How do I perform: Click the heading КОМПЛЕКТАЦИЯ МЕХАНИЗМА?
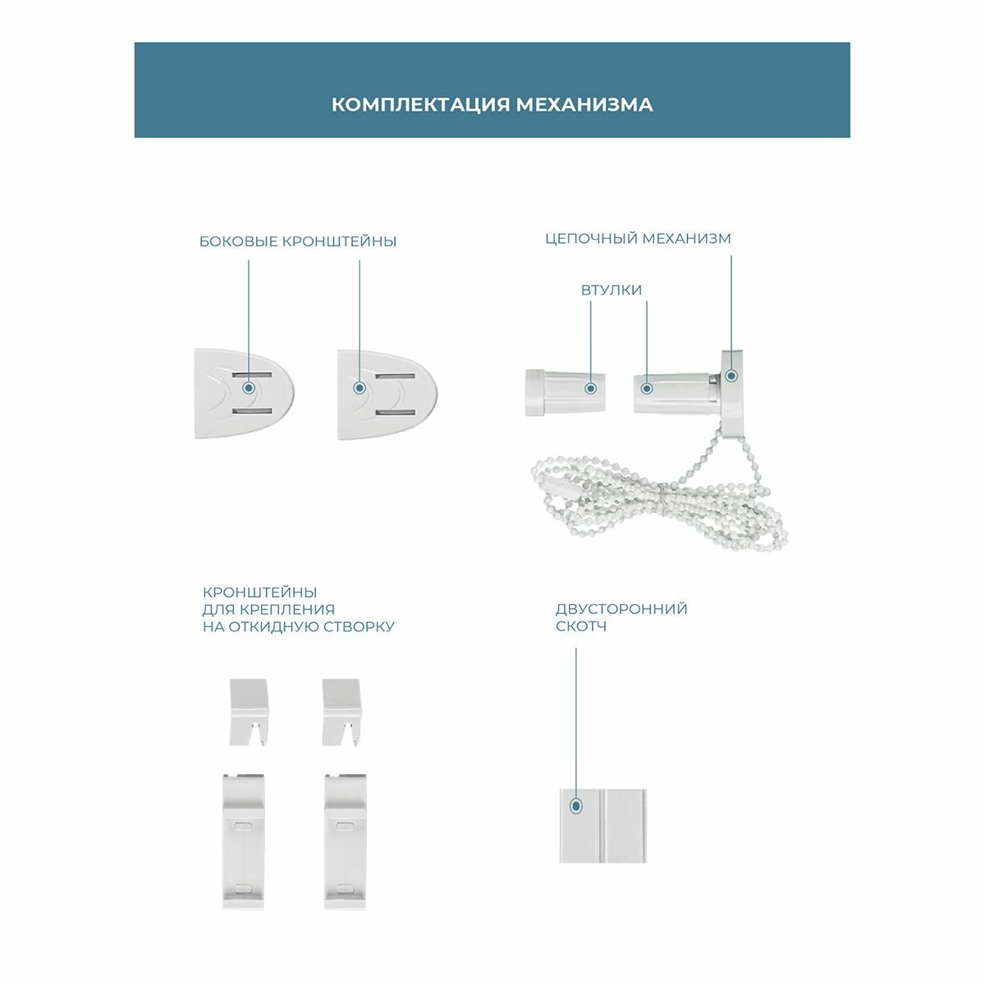point(492,105)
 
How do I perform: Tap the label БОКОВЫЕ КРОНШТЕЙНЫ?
point(298,241)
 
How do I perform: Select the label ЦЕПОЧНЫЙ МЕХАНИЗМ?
point(638,239)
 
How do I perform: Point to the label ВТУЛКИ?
point(612,290)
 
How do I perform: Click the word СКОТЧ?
point(581,626)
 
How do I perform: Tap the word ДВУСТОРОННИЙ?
point(621,609)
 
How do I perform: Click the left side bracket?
point(243,394)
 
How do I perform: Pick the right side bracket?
point(386,394)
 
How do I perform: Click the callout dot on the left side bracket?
point(248,385)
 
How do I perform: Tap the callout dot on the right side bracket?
point(358,387)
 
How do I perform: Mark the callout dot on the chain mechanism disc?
point(731,376)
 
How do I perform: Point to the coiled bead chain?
point(657,501)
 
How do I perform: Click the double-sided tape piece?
point(602,825)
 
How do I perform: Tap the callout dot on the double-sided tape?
point(576,806)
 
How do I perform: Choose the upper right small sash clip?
point(342,711)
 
